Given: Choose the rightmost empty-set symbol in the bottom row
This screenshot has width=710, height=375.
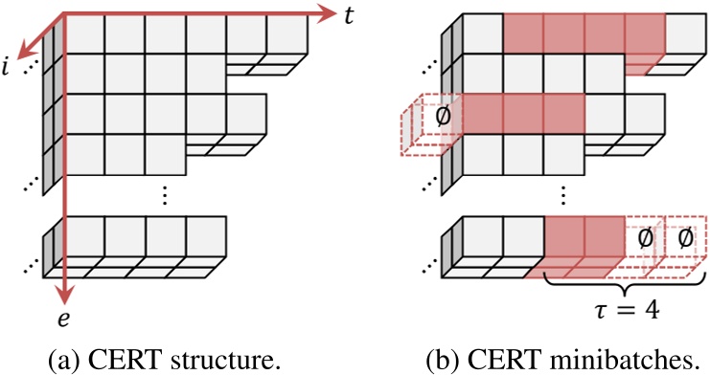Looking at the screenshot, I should click(x=685, y=237).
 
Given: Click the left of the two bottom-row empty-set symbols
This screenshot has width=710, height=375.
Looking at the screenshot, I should click(x=644, y=237).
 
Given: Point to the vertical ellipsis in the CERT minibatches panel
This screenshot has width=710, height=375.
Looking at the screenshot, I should click(x=562, y=194).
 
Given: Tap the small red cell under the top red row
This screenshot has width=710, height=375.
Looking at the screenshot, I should click(x=637, y=66).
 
